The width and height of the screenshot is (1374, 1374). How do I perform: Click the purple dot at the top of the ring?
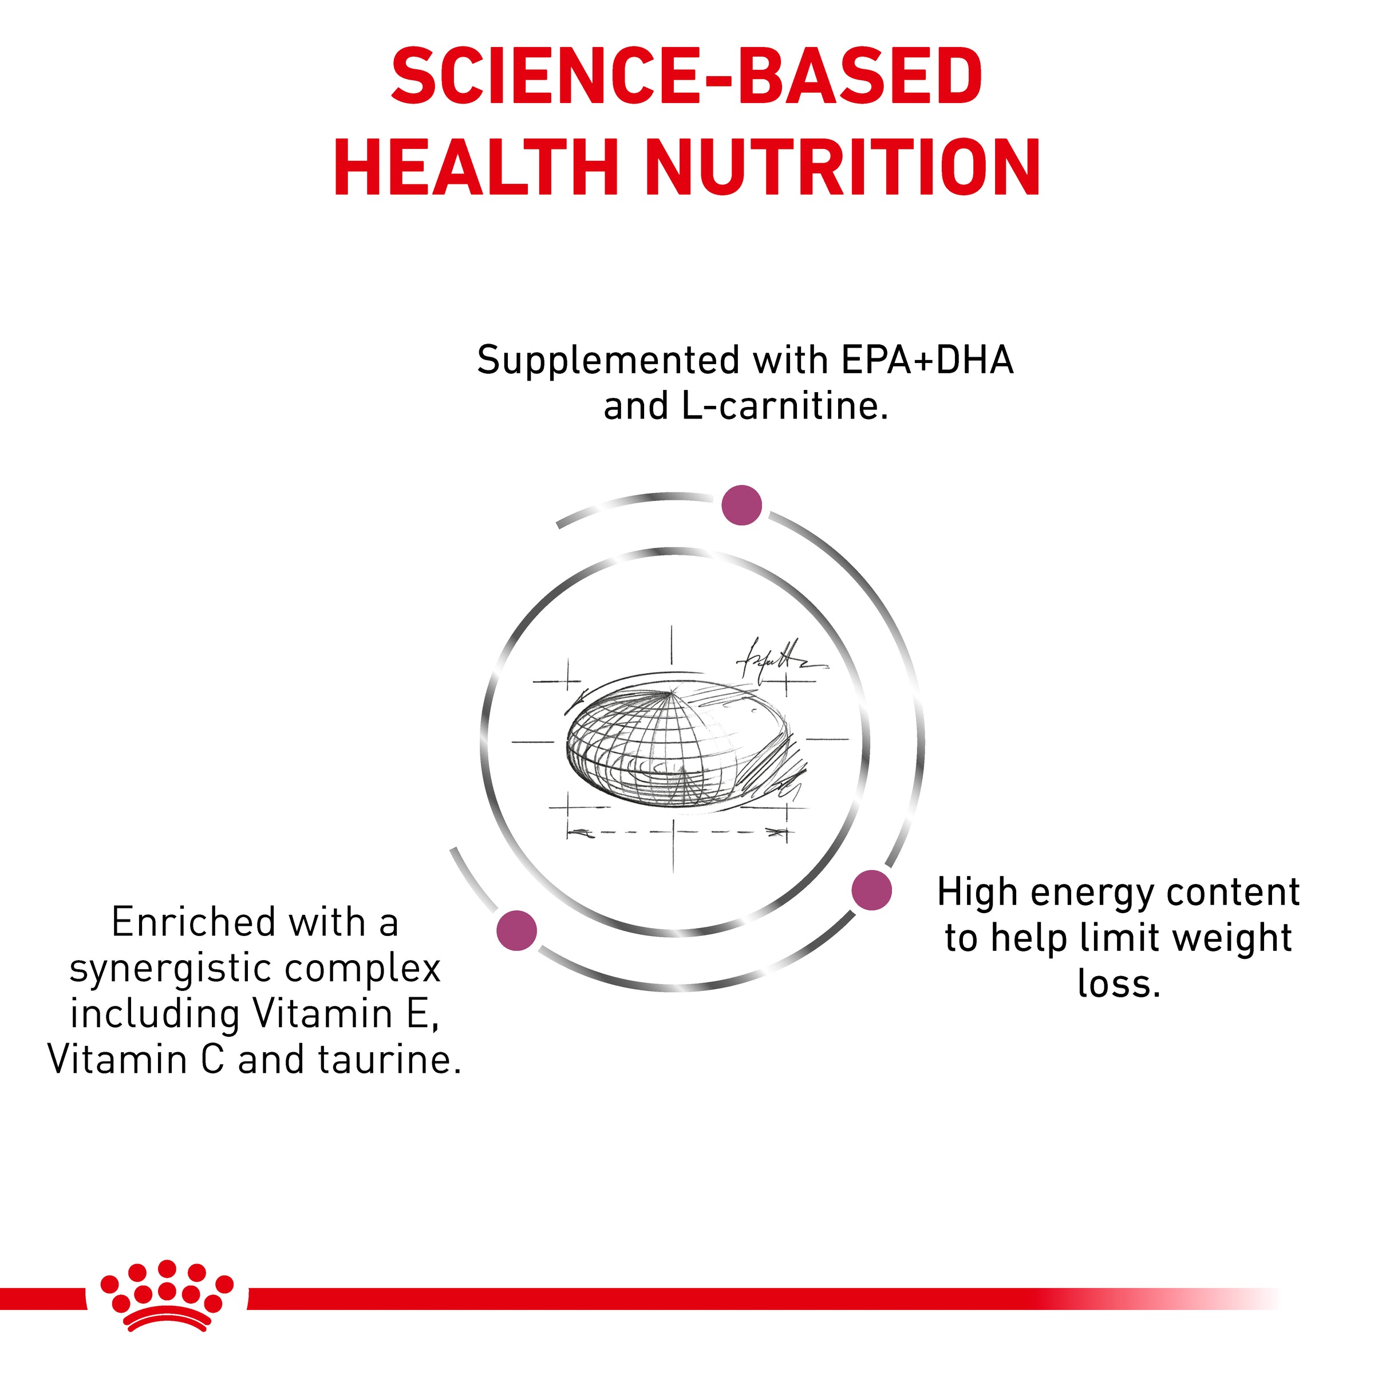coord(742,506)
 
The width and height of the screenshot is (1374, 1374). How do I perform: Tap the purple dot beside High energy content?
coord(872,890)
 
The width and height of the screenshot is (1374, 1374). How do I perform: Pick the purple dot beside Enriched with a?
coord(517,930)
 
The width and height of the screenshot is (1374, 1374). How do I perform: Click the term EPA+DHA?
coord(927,360)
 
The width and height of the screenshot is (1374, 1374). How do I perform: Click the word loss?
coord(1119,984)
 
